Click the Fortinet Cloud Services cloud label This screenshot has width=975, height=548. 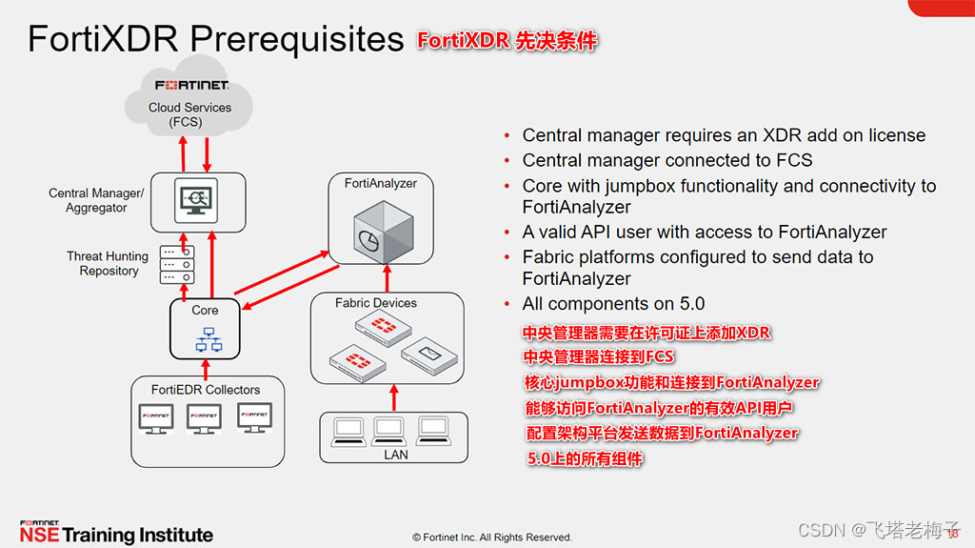pyautogui.click(x=189, y=114)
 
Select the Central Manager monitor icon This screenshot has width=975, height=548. pyautogui.click(x=196, y=199)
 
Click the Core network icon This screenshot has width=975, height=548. pyautogui.click(x=205, y=339)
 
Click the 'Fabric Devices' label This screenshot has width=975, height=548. pyautogui.click(x=376, y=303)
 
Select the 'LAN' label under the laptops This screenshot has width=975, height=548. pyautogui.click(x=395, y=455)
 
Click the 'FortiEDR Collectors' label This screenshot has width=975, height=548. pyautogui.click(x=206, y=389)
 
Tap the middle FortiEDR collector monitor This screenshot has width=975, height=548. pyautogui.click(x=205, y=418)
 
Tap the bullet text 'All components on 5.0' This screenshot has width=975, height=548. pyautogui.click(x=613, y=304)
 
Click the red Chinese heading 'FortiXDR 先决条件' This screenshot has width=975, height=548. pyautogui.click(x=507, y=41)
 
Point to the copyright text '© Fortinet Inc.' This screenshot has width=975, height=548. pyautogui.click(x=492, y=537)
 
